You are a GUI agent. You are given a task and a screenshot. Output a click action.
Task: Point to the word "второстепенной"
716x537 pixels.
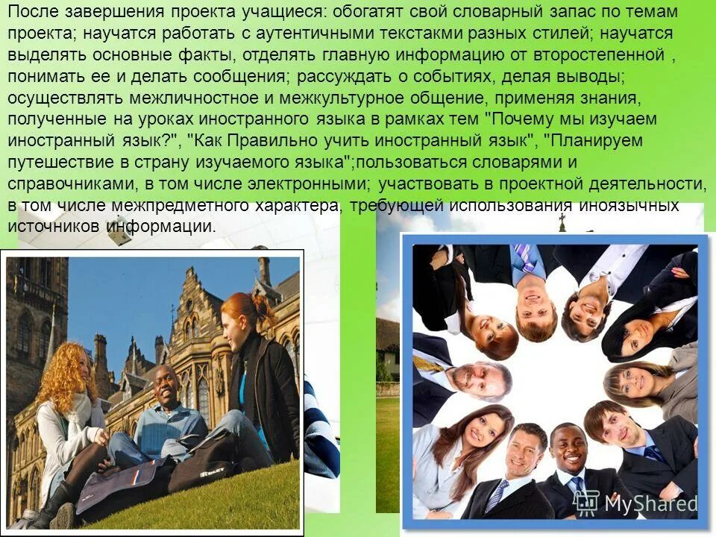pyautogui.click(x=599, y=55)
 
